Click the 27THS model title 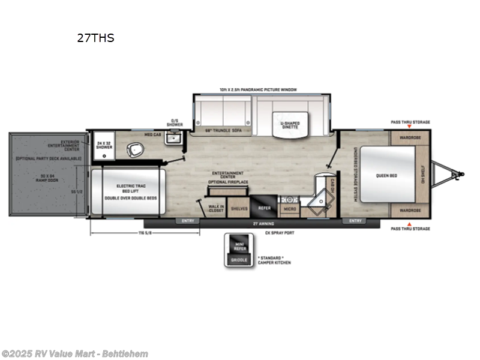(x=95, y=38)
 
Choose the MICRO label (x=289, y=208)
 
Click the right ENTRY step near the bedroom (x=354, y=221)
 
